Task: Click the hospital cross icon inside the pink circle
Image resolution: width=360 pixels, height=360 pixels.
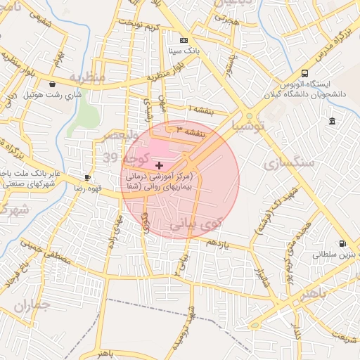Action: tap(158, 165)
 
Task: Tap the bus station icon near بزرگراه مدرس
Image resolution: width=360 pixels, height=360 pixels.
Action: tap(304, 73)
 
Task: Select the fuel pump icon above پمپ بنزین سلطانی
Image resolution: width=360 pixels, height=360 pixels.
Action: tap(342, 244)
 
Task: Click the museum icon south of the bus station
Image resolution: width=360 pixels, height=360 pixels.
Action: tap(332, 122)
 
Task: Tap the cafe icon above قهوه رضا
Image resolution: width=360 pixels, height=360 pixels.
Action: tap(88, 178)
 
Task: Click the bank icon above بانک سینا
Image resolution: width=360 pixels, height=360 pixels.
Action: tap(184, 41)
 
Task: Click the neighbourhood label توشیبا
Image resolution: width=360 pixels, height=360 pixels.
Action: tap(250, 127)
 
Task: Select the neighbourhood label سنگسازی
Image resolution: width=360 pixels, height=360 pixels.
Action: tap(288, 163)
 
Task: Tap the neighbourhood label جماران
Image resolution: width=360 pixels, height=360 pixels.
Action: tap(33, 306)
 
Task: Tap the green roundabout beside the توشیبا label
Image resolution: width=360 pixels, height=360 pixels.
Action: tap(249, 115)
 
